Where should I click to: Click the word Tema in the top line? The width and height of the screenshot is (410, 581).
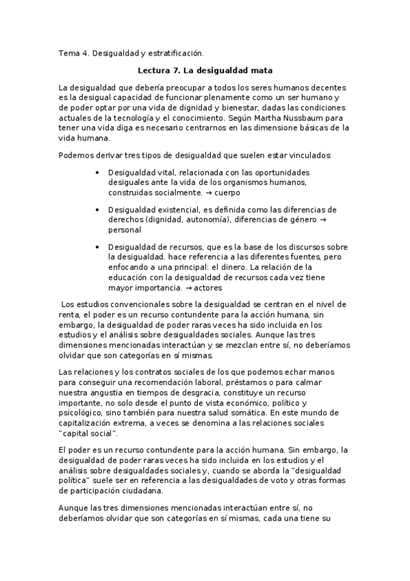(69, 52)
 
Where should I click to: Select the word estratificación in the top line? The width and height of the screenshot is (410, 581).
(175, 52)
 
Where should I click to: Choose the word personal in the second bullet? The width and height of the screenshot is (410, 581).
(124, 230)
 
